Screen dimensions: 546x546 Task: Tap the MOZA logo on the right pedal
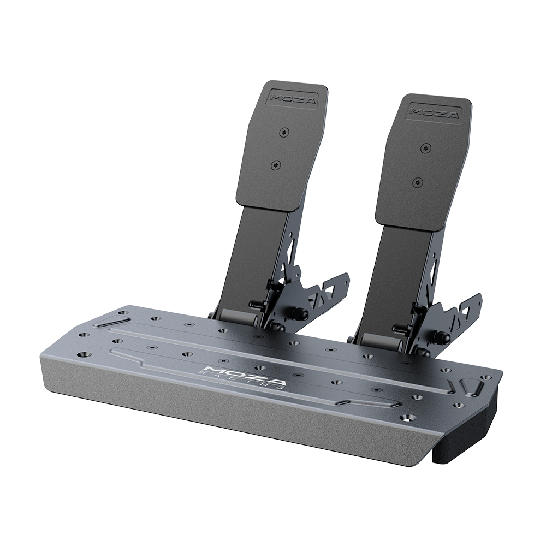(x=435, y=112)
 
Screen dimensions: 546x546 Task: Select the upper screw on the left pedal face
(x=282, y=132)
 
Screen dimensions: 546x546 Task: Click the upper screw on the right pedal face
(x=425, y=148)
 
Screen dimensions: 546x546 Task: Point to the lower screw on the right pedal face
(x=418, y=181)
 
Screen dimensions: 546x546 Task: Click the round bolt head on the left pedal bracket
(x=299, y=313)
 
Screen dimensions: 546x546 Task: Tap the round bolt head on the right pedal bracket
(x=441, y=337)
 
